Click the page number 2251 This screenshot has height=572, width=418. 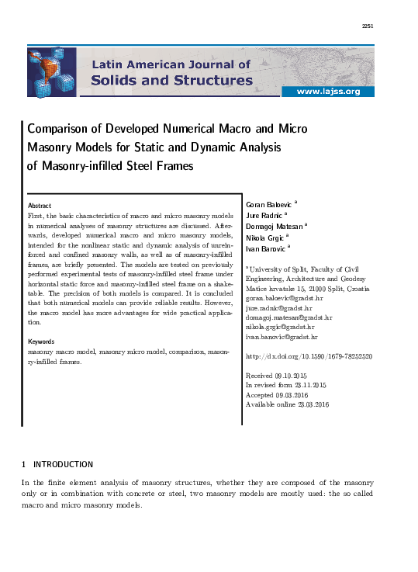(x=368, y=26)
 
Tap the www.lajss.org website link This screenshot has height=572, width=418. (x=328, y=92)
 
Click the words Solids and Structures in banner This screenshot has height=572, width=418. (x=171, y=80)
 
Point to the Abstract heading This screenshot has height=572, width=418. (x=40, y=205)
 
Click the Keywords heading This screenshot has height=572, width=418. (x=41, y=341)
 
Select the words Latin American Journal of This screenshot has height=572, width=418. (x=171, y=65)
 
